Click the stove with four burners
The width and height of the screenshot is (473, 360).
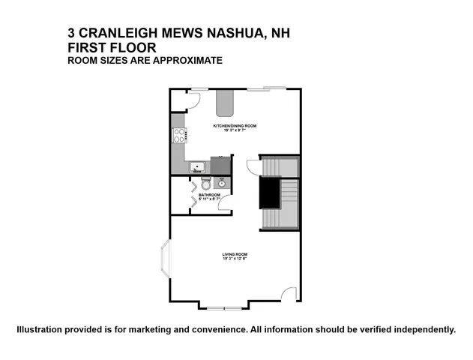[179, 136]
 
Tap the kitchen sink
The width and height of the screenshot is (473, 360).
[198, 167]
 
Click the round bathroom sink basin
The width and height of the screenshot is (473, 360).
[222, 182]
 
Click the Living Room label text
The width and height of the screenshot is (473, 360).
[235, 256]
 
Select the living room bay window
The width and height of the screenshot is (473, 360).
[164, 267]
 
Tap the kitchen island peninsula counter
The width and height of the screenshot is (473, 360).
[224, 100]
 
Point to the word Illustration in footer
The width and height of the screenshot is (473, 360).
[43, 330]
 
